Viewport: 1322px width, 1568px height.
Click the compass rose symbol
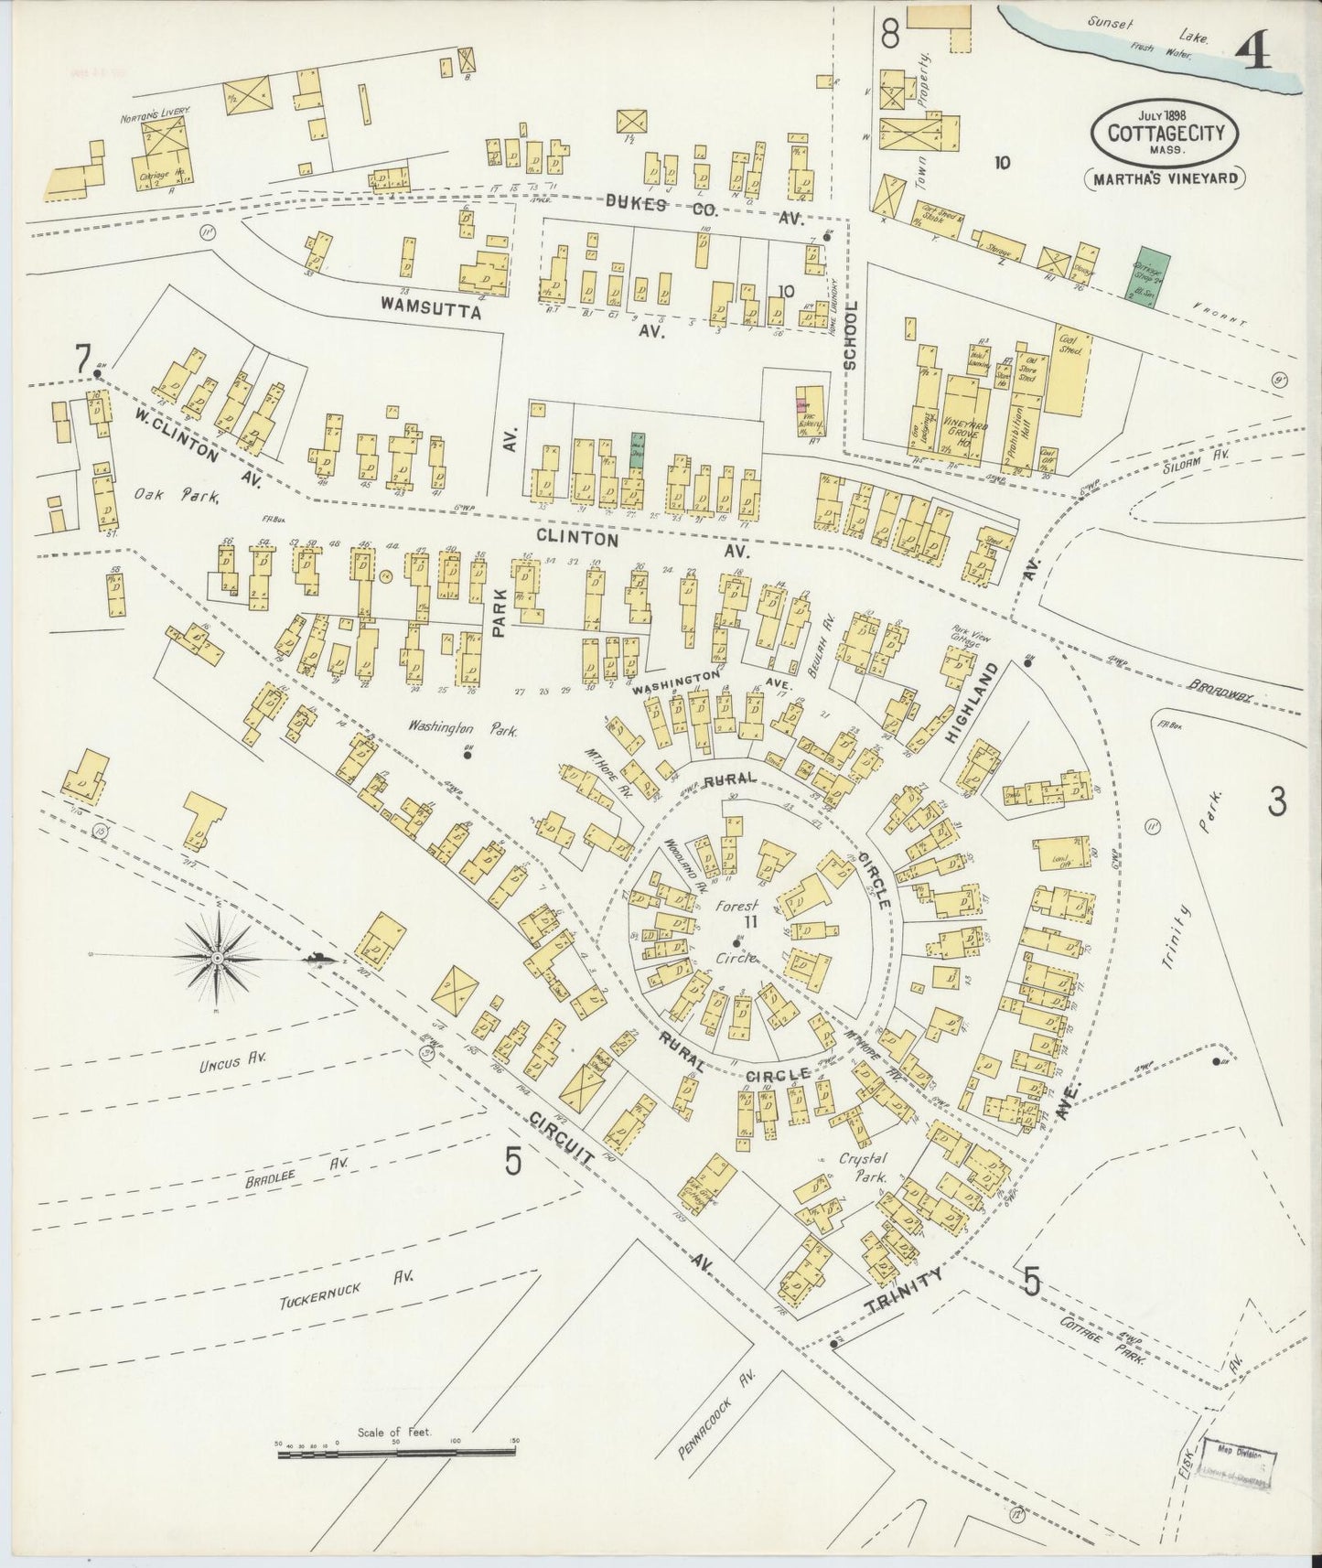pos(218,958)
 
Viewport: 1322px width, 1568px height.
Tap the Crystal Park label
pos(865,1169)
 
